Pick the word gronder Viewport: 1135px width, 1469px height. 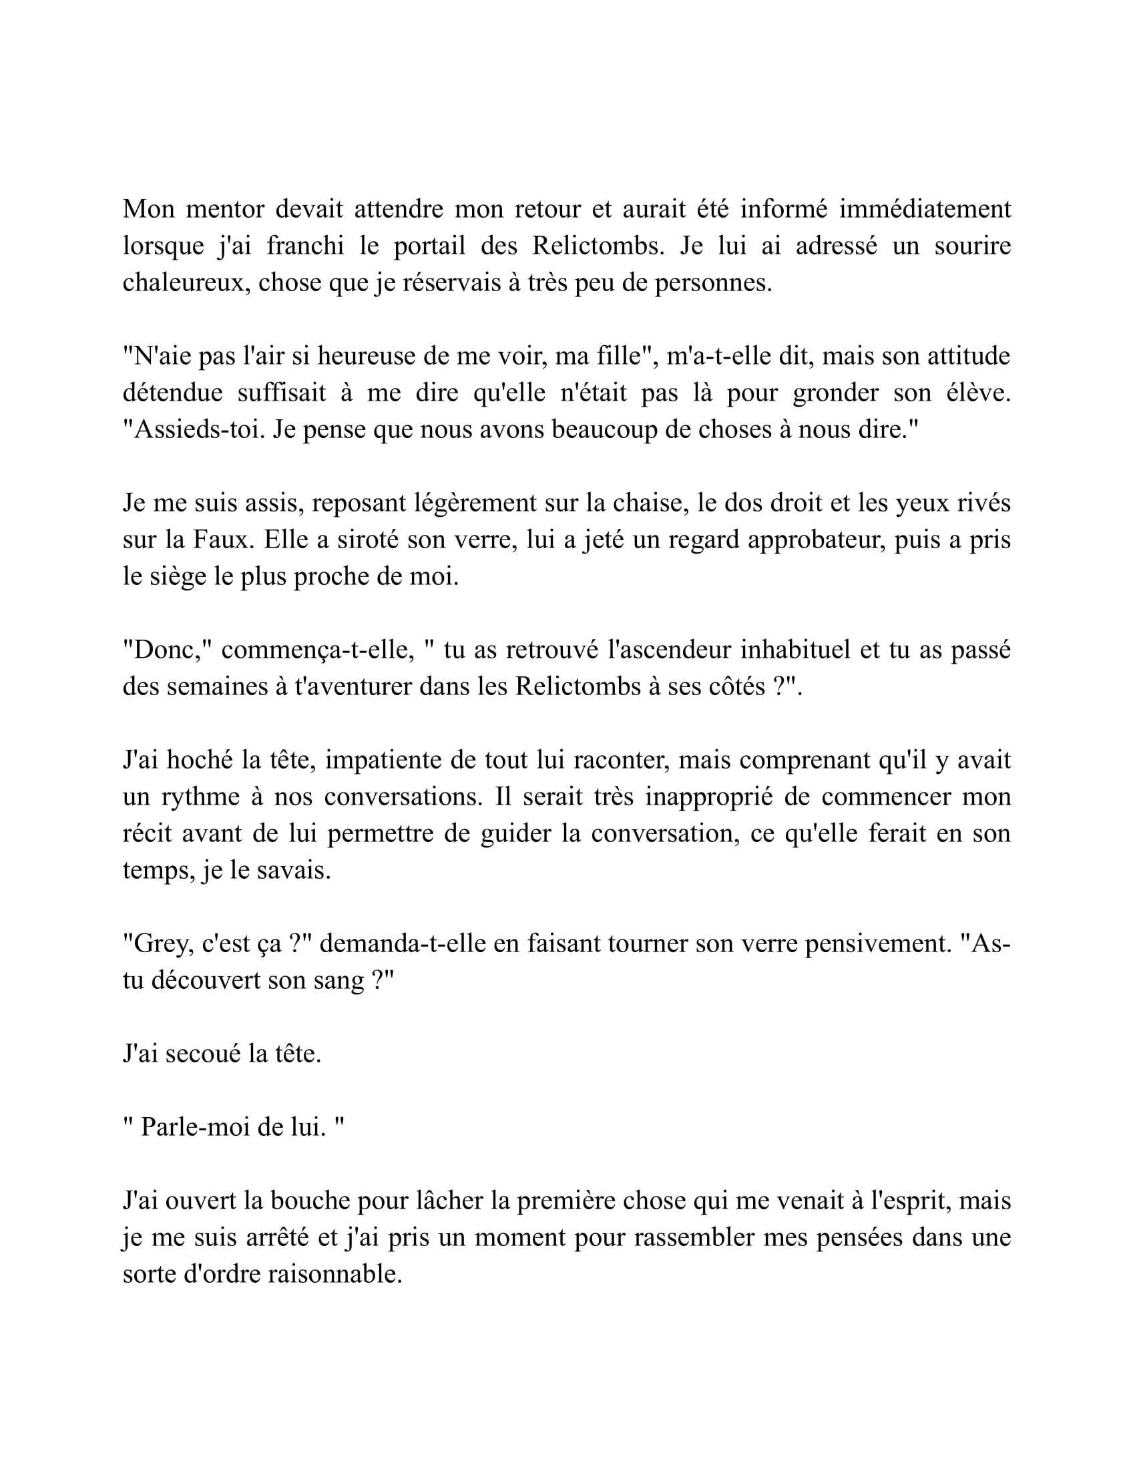(x=835, y=393)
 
